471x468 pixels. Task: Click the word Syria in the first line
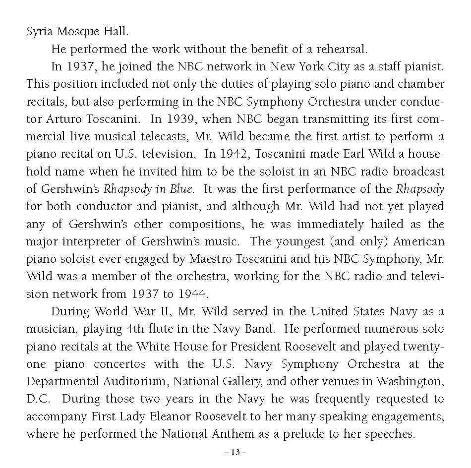(39, 32)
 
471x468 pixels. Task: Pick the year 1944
(190, 293)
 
